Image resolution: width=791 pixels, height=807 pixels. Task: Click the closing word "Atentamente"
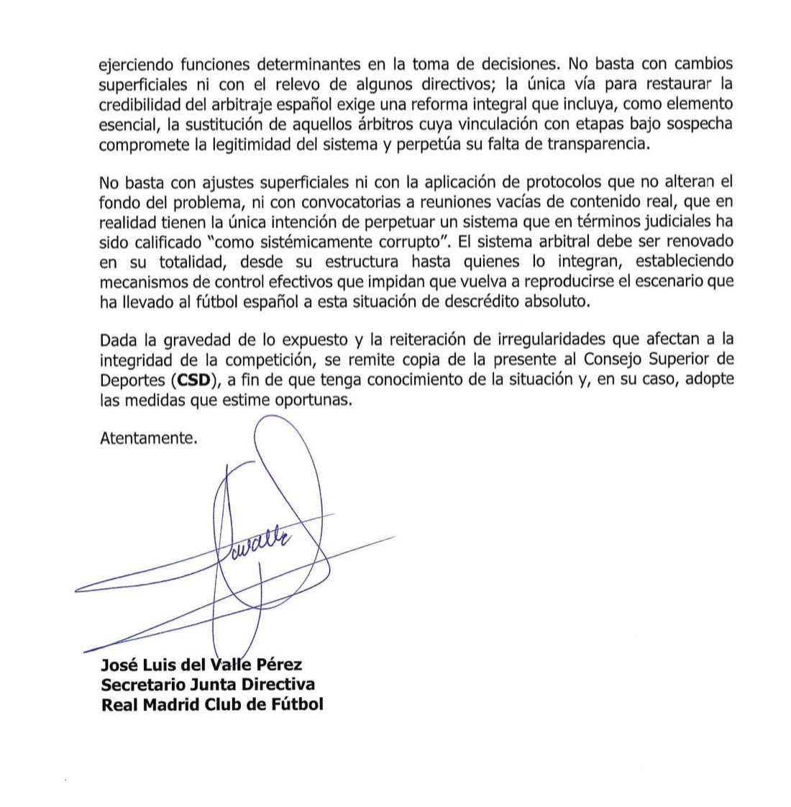pyautogui.click(x=147, y=438)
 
